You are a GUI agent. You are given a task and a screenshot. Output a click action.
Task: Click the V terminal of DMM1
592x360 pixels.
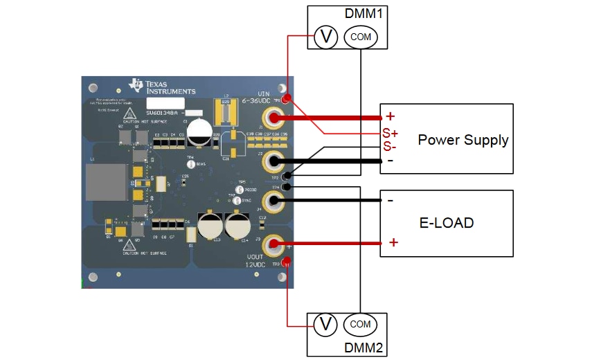pos(325,37)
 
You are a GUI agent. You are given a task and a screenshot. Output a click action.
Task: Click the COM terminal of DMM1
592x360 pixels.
pos(361,37)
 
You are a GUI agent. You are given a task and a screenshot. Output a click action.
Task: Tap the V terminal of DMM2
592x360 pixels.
pos(325,323)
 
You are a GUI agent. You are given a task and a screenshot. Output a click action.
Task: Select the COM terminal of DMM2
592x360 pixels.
pos(360,324)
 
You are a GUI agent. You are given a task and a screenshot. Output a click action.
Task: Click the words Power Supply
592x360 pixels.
pos(463,140)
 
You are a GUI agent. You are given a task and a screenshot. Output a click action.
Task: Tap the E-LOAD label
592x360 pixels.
pos(447,223)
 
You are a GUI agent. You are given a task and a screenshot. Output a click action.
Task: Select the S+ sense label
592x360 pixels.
pos(390,132)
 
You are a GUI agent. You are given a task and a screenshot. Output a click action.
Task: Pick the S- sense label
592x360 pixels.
pos(389,146)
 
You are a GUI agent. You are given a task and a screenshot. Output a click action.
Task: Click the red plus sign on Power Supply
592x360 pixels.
pos(390,116)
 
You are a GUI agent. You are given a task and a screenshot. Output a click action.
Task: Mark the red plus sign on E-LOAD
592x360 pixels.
pos(393,242)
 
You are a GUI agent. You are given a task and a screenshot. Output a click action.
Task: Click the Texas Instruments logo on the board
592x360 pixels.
pos(162,86)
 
